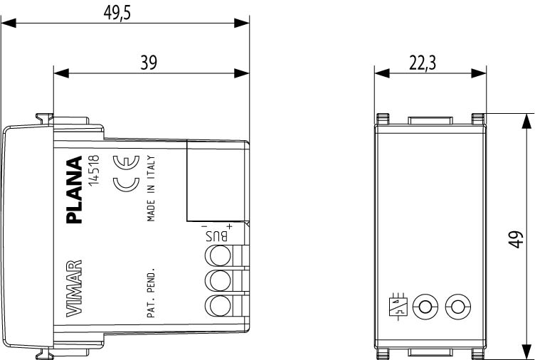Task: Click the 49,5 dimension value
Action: pos(117,13)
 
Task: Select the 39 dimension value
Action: pos(149,63)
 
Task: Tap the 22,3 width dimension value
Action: pos(423,63)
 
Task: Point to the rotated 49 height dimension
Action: pos(517,240)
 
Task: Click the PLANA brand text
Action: pos(75,190)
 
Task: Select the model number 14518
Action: pos(93,171)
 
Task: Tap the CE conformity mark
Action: pos(126,174)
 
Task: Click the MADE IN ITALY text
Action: pos(151,189)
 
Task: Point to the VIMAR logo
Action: pos(74,288)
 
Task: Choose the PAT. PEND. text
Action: pos(151,293)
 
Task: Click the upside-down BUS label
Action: pos(217,235)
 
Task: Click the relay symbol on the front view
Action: pos(398,306)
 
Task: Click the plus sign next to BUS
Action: pos(230,226)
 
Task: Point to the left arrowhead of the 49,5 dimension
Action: pos(9,23)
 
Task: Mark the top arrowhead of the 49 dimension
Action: pos(526,121)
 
